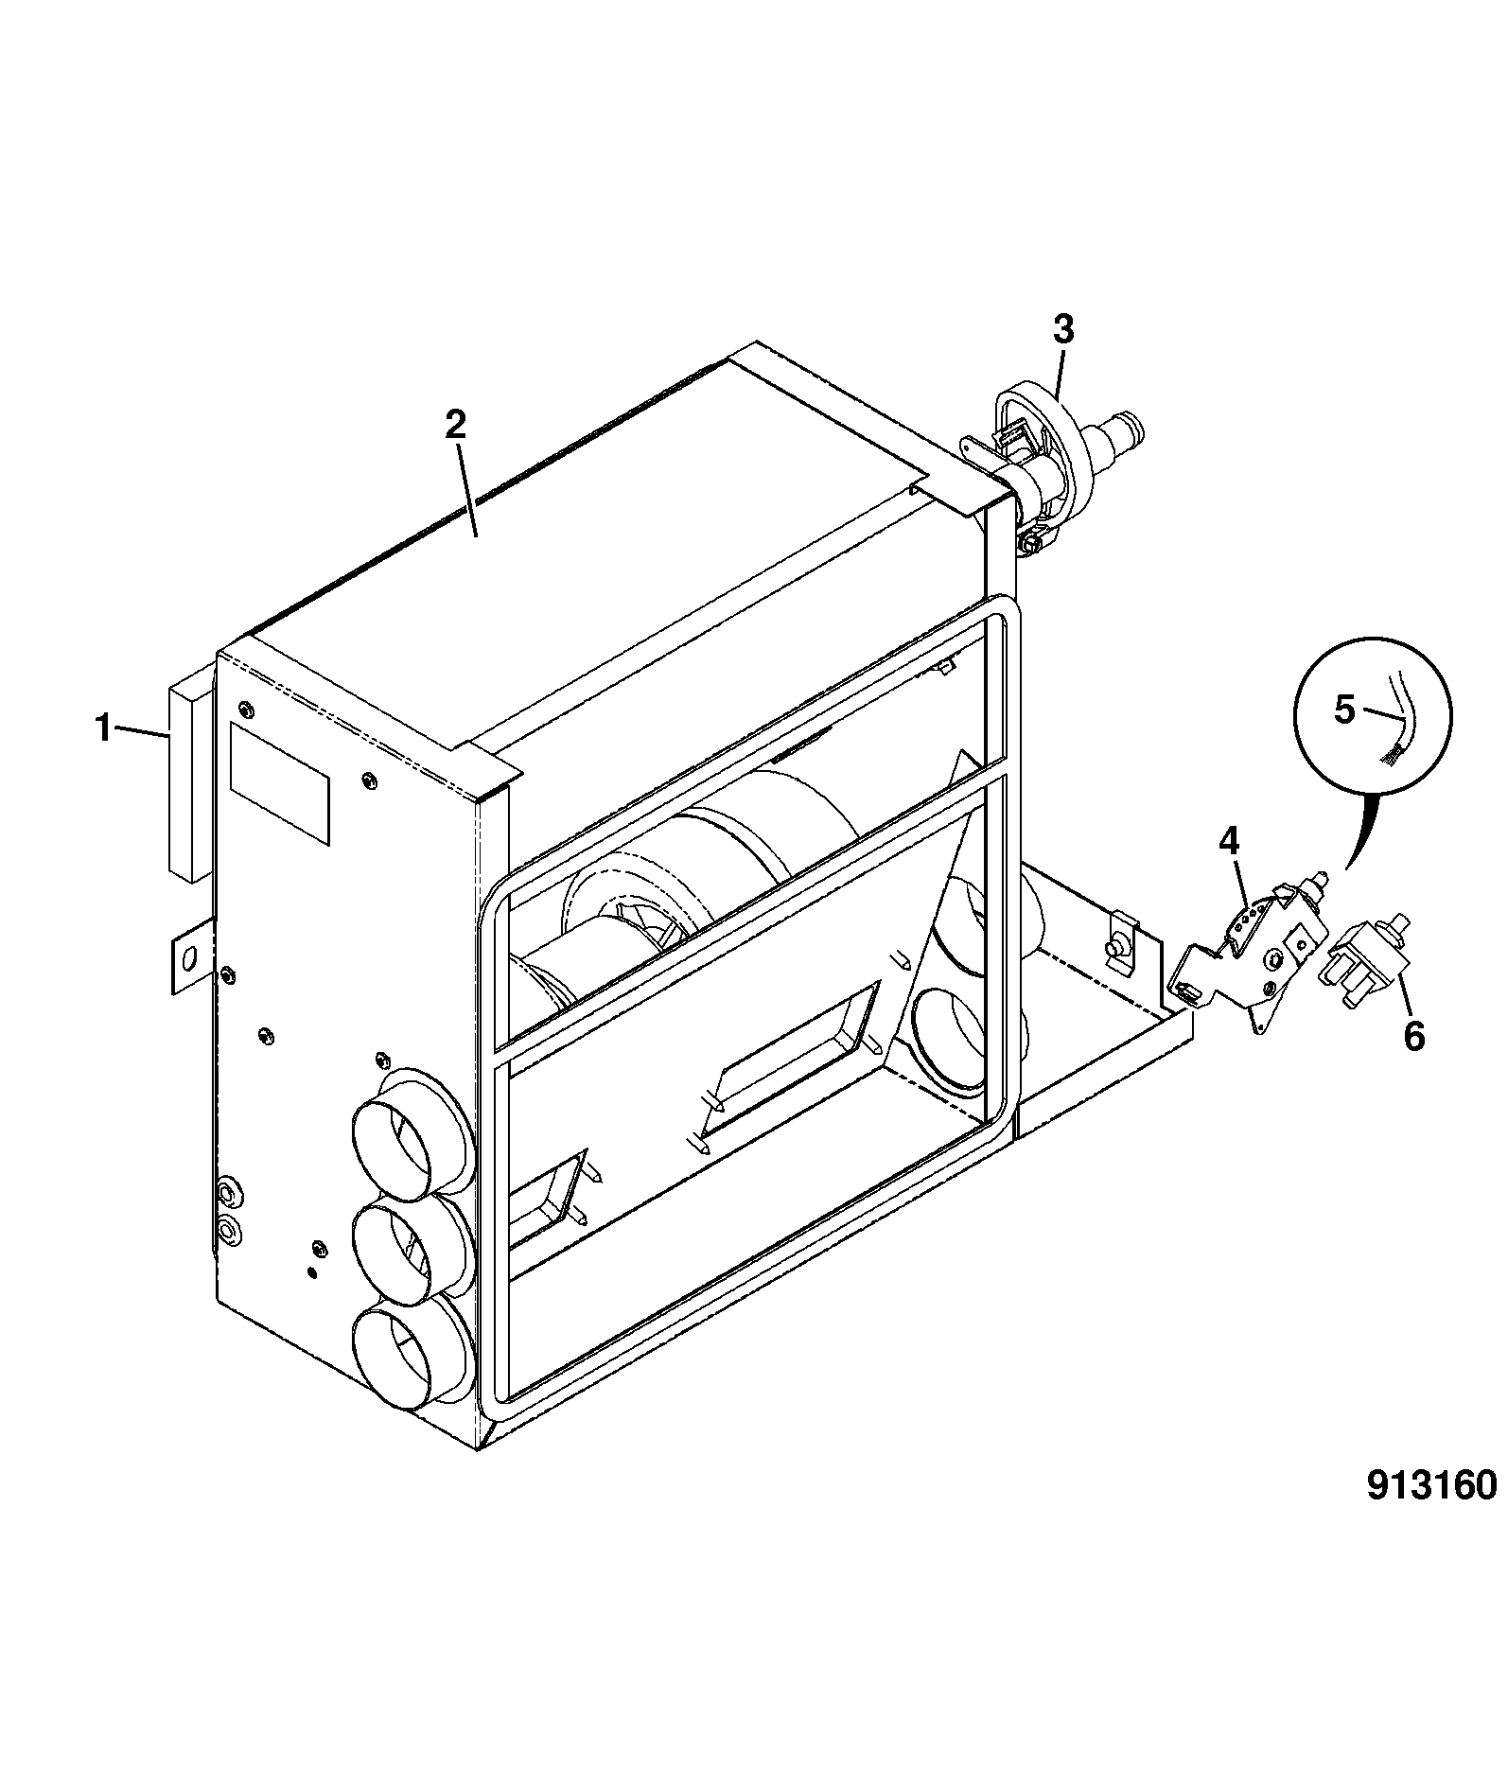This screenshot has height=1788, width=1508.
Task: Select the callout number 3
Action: [x=1063, y=330]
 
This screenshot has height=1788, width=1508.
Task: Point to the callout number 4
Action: [x=1228, y=839]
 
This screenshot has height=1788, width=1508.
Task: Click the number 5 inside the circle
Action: [x=1344, y=710]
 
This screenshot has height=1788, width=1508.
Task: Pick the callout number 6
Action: [x=1413, y=1036]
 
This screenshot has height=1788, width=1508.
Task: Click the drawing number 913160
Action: [x=1432, y=1511]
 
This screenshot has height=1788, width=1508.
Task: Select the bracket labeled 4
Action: [x=1249, y=955]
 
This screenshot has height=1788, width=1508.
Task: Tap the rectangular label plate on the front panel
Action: [x=280, y=781]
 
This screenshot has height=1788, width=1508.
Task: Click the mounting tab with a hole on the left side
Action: [x=189, y=959]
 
